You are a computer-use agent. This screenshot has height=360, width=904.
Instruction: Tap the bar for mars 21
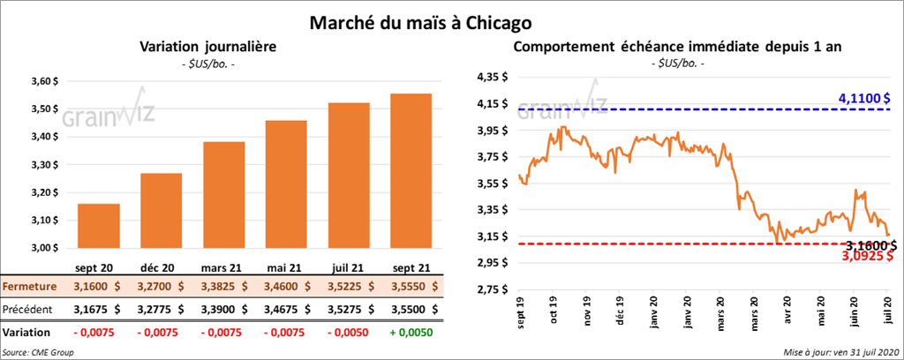pos(223,195)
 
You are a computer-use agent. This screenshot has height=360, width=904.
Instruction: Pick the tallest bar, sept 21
pos(411,171)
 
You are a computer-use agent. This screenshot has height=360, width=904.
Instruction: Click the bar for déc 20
pos(161,211)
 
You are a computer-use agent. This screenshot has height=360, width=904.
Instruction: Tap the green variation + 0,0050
pos(411,332)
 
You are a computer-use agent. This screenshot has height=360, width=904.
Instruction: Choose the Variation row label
pos(26,332)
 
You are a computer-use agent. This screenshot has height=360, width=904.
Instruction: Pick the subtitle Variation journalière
pos(208,46)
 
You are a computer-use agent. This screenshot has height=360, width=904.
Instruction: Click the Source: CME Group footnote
pos(38,352)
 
